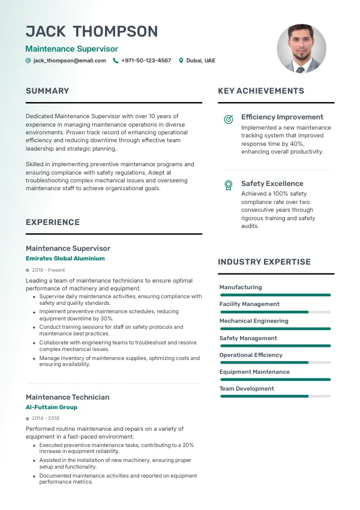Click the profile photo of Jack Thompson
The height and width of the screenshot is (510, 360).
(302, 49)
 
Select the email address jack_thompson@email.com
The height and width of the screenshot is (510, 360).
(70, 61)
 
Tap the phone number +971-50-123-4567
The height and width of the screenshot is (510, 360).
(146, 61)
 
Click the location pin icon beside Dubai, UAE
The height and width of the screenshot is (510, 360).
(181, 61)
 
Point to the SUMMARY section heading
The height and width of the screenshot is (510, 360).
(47, 91)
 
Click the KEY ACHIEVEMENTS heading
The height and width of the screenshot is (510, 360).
(261, 91)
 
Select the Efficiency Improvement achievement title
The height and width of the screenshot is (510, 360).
(282, 117)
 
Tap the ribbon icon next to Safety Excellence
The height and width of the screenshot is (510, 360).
(228, 185)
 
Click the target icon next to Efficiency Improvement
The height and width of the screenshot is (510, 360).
(228, 119)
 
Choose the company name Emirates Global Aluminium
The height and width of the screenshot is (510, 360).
(65, 259)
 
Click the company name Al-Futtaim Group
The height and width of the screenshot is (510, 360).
(52, 407)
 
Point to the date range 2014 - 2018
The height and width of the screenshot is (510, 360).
(46, 419)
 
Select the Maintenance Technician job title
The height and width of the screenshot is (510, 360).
(68, 397)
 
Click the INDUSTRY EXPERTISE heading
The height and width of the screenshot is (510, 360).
(264, 262)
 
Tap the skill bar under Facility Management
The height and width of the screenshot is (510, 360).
(275, 312)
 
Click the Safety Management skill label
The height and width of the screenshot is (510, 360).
(248, 338)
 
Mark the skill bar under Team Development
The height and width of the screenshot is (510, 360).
(275, 396)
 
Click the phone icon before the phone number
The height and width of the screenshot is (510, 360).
(116, 61)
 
